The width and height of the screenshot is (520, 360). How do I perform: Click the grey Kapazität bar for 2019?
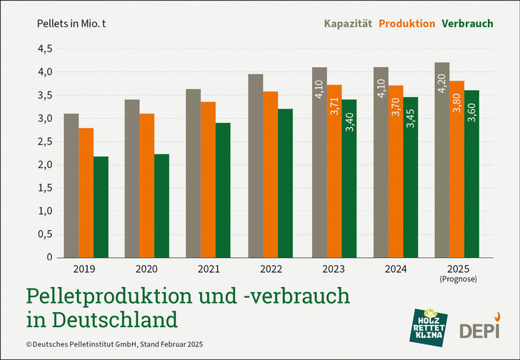[71, 186]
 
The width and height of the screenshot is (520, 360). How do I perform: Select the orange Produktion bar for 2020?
[146, 186]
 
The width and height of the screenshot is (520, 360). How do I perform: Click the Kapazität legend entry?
[349, 24]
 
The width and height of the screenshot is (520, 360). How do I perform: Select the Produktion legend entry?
[406, 24]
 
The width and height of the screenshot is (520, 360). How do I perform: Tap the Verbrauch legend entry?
[467, 24]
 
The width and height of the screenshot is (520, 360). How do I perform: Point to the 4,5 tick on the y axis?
[44, 49]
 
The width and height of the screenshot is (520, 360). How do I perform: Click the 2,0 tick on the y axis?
[44, 165]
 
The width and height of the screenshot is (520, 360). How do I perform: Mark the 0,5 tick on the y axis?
[44, 234]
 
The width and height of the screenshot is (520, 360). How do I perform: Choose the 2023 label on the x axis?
[333, 269]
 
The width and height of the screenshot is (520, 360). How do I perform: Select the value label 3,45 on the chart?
[410, 116]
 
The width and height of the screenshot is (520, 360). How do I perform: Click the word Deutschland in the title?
[119, 316]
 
